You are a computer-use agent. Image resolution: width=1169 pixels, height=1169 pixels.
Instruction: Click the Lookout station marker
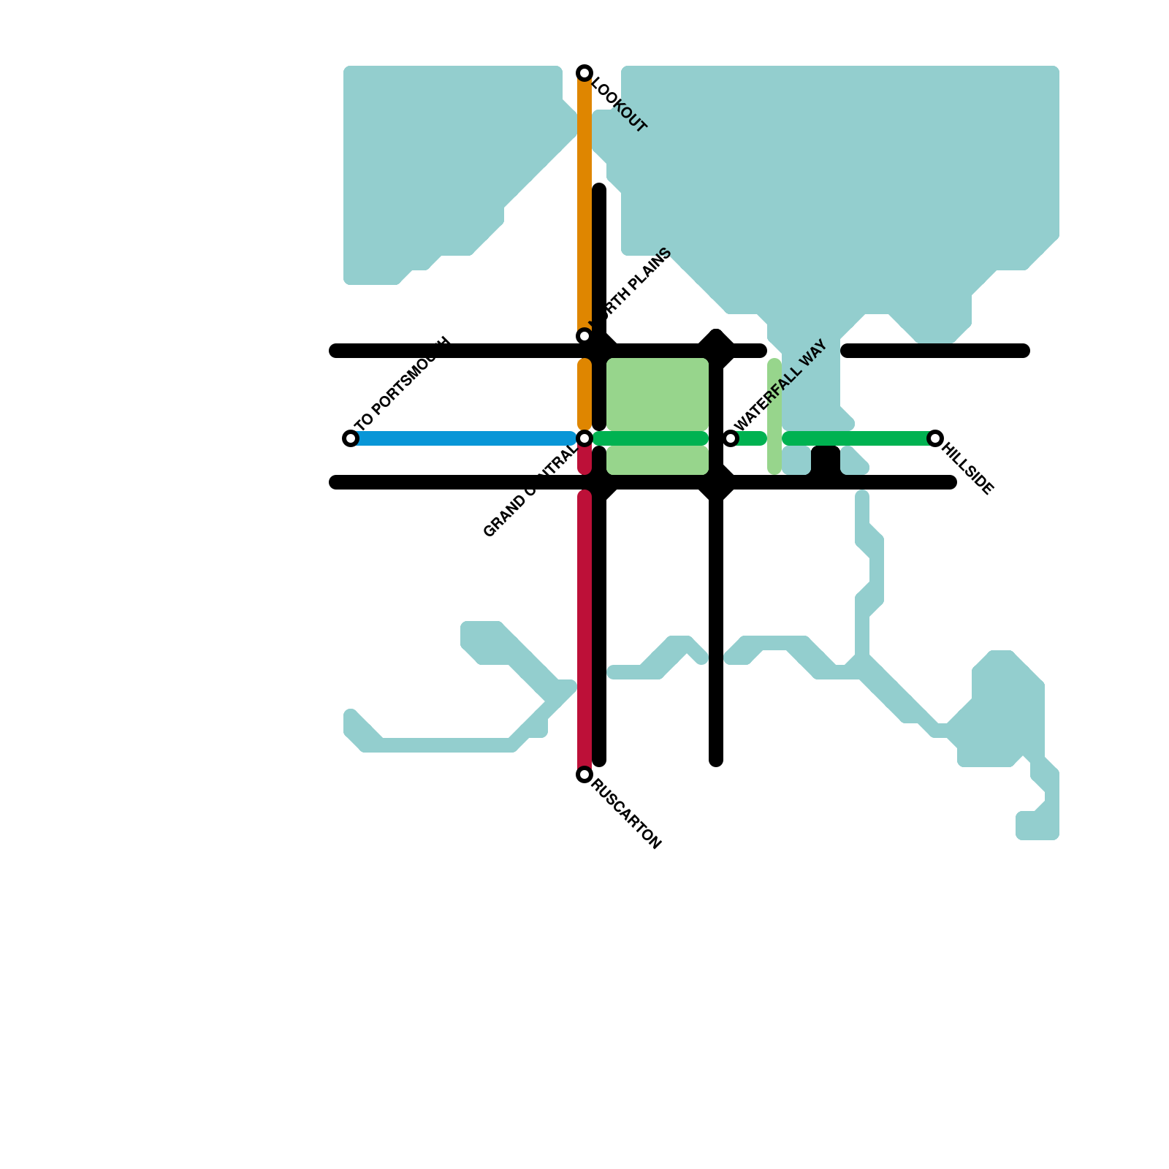(584, 73)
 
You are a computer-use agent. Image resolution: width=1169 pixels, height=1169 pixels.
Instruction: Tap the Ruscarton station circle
(584, 774)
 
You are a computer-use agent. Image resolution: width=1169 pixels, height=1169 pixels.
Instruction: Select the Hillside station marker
(935, 438)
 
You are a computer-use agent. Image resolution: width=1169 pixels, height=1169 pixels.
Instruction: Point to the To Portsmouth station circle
(351, 438)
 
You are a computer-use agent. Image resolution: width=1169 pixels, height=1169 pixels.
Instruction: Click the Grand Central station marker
(584, 438)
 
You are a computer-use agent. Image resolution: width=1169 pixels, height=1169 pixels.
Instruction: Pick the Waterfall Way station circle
(731, 438)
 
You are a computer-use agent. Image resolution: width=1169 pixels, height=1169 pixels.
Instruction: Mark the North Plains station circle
(584, 336)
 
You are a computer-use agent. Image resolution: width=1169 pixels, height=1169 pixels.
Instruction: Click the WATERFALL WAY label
(780, 385)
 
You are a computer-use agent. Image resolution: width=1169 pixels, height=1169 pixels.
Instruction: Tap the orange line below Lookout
(584, 205)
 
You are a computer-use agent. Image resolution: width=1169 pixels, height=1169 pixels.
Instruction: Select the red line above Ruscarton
(584, 628)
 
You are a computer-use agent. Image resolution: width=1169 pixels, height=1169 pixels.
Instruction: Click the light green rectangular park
(658, 395)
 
